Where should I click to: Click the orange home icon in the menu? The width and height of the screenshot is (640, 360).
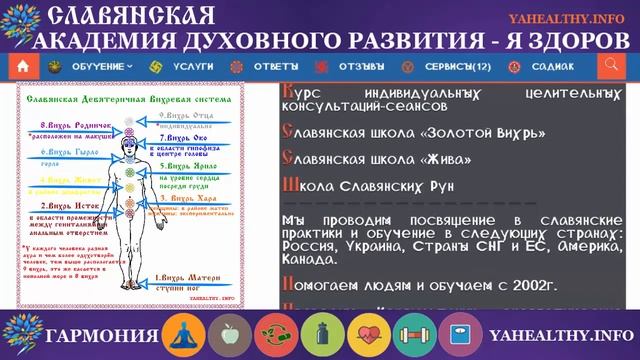point(23,66)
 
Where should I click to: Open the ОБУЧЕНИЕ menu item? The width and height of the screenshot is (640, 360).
point(103,66)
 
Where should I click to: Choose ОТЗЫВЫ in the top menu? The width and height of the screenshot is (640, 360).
point(360,66)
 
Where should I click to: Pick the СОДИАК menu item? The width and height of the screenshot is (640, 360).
point(552,66)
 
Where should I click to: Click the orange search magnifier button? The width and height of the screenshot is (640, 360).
point(611,66)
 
